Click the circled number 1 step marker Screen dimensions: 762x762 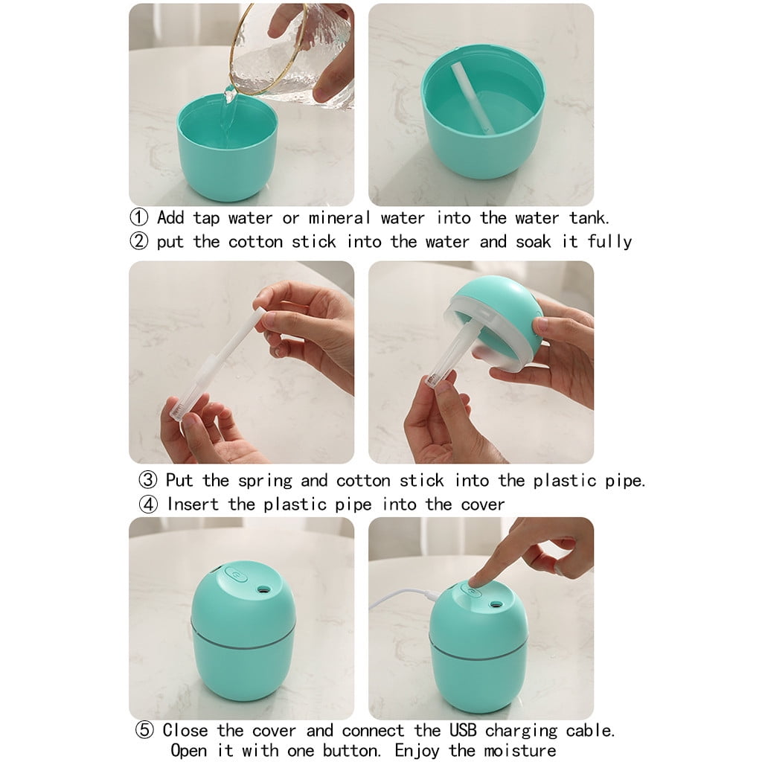pos(139,218)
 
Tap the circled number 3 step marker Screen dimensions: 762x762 pos(148,480)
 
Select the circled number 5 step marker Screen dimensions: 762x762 pos(144,730)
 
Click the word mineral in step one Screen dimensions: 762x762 pos(339,218)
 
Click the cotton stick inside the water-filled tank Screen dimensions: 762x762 pos(473,97)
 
